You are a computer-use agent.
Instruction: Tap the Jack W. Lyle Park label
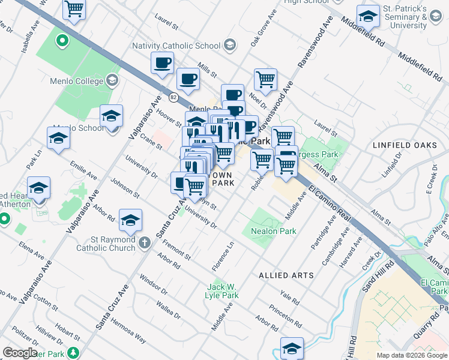pos(224,290)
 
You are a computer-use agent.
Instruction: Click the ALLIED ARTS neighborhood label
pos(286,275)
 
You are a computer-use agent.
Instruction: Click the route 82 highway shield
pos(173,97)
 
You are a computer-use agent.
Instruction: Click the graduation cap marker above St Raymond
pos(130,220)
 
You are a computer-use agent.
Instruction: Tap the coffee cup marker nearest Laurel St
pos(162,63)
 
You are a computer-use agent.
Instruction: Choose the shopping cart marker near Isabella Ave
pos(74,9)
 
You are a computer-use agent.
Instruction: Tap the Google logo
pos(20,353)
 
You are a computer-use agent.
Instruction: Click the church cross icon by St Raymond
pos(144,243)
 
